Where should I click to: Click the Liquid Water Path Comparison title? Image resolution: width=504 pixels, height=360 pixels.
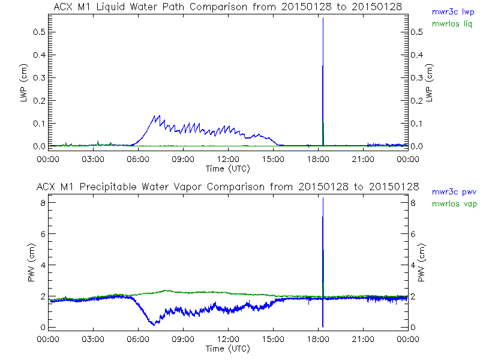pos(228,6)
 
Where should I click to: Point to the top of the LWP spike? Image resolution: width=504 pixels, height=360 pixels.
pos(323,18)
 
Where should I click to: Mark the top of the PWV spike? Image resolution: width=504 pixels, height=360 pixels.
pos(323,197)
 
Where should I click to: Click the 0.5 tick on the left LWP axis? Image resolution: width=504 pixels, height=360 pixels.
pos(40,32)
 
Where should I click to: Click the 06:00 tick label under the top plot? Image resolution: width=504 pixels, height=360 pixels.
pos(138,159)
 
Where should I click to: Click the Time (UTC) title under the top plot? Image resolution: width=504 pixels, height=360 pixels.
pos(228,168)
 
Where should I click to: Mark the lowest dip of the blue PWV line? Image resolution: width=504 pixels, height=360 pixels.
pos(154,325)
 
